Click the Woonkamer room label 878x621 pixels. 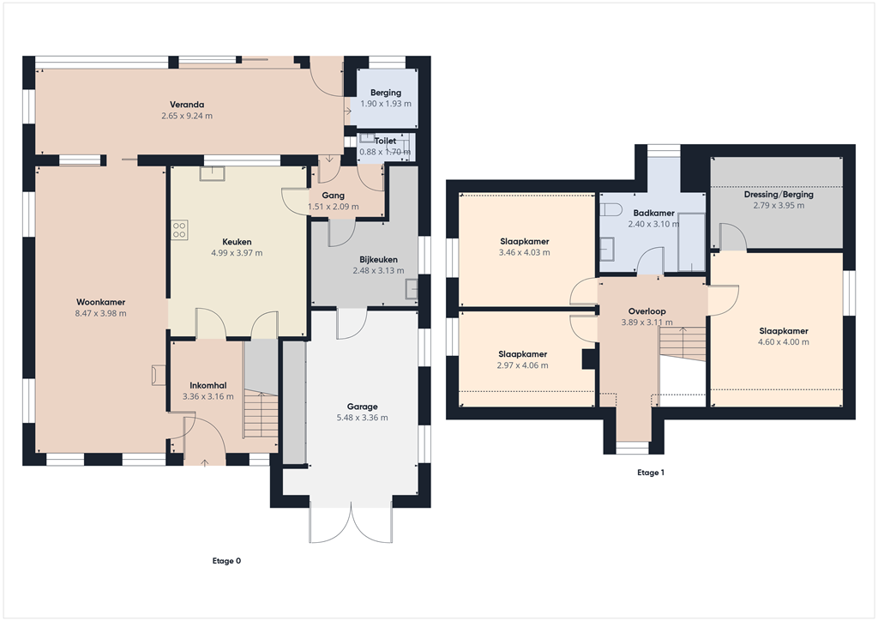point(101,302)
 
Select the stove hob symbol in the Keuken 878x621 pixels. point(180,229)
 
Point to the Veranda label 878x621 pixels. point(186,104)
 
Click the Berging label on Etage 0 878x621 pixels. point(385,93)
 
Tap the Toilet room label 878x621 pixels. point(385,141)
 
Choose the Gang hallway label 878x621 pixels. point(333,196)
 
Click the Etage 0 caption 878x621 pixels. point(226,561)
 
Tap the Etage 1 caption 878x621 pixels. point(651,473)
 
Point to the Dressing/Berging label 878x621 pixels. point(778,195)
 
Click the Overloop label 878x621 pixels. point(646,311)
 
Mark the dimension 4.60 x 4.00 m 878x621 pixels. point(784,341)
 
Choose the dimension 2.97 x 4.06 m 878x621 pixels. point(523,365)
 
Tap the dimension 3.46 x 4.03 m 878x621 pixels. point(524,252)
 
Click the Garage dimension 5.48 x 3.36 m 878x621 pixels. point(362,418)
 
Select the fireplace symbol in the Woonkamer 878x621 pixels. point(158,374)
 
